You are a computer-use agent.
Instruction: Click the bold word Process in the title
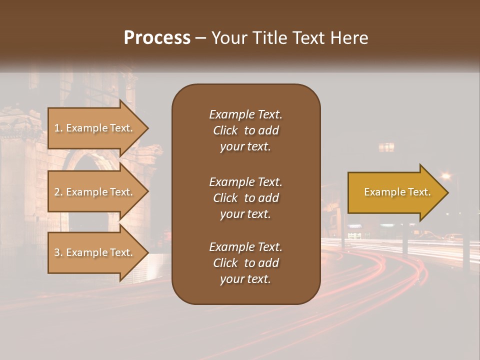coord(157,38)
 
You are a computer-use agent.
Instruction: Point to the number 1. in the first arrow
coord(58,128)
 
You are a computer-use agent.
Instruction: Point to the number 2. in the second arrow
coord(58,192)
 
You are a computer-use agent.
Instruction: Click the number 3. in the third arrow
coord(58,252)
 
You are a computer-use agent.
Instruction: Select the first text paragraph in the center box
coord(245,130)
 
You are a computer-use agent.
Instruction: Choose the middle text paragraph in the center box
coord(245,198)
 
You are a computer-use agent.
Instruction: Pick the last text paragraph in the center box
coord(245,263)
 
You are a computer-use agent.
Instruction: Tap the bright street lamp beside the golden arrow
coord(445,175)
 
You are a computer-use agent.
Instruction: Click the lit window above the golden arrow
coord(386,147)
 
